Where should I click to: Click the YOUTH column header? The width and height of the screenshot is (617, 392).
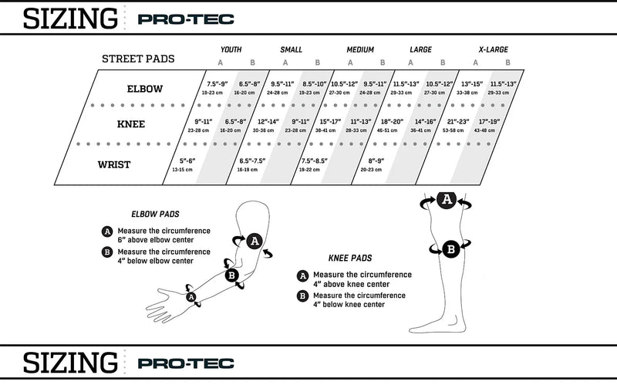(231, 49)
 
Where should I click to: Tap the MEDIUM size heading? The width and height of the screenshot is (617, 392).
(360, 49)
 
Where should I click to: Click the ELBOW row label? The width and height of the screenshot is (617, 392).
(144, 89)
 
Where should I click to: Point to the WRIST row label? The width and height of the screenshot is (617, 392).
(113, 164)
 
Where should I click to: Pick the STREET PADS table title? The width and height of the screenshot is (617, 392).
(138, 59)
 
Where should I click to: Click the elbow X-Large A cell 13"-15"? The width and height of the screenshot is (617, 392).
(471, 86)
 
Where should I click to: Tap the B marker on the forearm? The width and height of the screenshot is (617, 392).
(231, 276)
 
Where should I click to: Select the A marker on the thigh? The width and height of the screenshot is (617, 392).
(445, 200)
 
